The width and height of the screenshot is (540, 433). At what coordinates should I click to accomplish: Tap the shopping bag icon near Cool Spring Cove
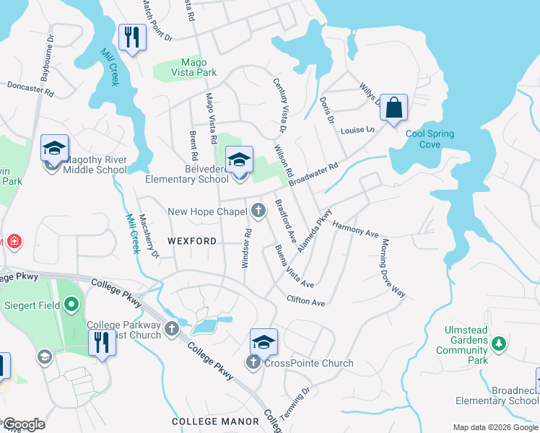click(393, 108)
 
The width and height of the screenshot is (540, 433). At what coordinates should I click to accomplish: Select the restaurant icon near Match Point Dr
click(132, 38)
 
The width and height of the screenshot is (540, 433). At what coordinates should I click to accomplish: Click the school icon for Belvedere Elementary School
click(240, 160)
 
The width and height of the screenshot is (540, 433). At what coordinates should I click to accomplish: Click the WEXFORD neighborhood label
click(192, 240)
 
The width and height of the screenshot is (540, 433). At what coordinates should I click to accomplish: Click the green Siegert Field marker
click(71, 305)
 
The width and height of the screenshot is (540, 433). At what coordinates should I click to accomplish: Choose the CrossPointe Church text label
click(308, 363)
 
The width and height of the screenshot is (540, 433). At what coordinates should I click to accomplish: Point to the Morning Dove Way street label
click(393, 268)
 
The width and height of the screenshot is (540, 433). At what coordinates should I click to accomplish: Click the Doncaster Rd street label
click(30, 89)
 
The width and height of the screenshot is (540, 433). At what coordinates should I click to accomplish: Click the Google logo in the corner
click(24, 424)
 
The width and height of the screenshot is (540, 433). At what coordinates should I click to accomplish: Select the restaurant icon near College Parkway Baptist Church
click(102, 343)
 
